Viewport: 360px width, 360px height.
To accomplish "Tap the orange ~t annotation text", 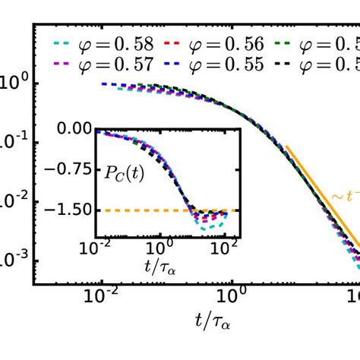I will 343,196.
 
